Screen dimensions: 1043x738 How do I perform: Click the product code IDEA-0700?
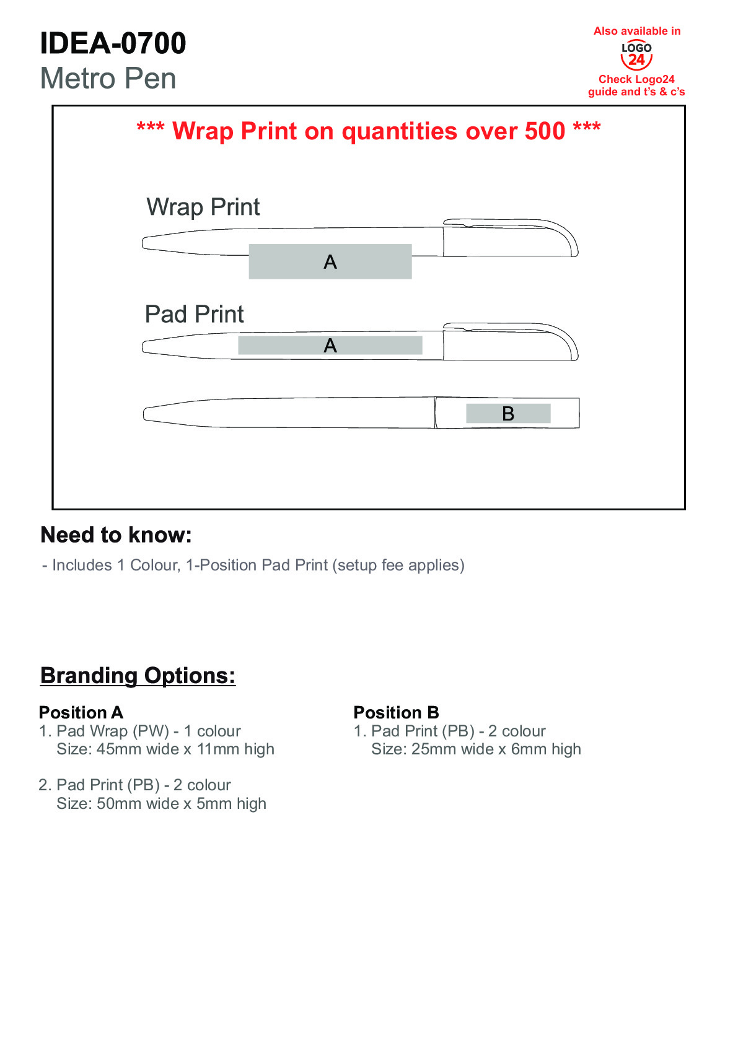tap(113, 43)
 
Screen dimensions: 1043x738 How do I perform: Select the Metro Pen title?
tap(108, 79)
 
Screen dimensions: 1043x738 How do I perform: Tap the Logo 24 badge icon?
tap(636, 56)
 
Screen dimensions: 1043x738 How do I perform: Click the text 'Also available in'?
tap(636, 31)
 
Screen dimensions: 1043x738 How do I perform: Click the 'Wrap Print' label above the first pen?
tap(203, 207)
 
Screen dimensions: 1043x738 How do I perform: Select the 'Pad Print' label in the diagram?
tap(194, 315)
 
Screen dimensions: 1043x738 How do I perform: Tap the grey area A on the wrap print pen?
tap(330, 262)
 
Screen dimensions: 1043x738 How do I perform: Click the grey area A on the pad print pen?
tap(330, 346)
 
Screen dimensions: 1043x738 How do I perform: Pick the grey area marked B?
tap(508, 414)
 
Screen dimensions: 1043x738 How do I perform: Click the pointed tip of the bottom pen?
tap(147, 414)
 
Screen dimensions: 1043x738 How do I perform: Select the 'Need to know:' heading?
tap(116, 535)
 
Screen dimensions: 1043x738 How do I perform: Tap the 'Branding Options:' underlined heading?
tap(138, 676)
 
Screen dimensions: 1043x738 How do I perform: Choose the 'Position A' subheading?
tap(81, 712)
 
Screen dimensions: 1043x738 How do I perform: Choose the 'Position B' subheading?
tap(396, 712)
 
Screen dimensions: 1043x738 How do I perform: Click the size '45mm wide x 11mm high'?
tap(185, 749)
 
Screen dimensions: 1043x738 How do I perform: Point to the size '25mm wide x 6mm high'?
tap(496, 749)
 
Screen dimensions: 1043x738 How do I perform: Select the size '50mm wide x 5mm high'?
tap(182, 804)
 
